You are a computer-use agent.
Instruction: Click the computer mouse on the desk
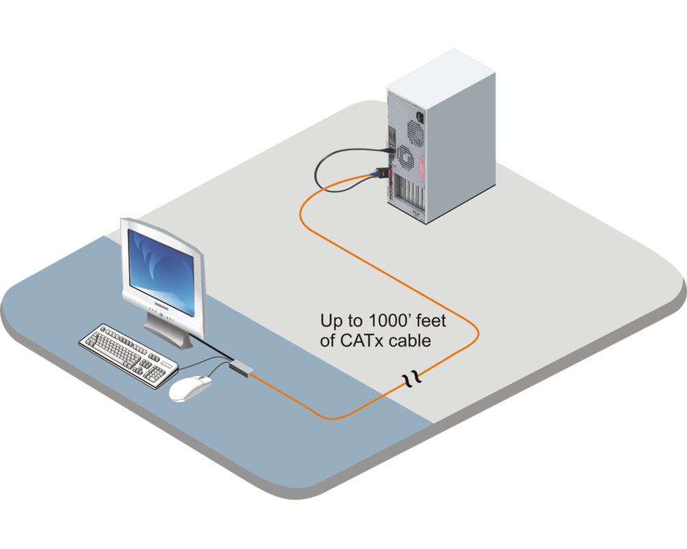coord(190,389)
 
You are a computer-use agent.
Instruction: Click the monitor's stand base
coord(167,334)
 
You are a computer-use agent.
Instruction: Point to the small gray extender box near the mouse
coord(241,369)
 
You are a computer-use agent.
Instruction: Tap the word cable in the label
coord(412,340)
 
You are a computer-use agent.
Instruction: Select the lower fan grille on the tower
coord(403,157)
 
